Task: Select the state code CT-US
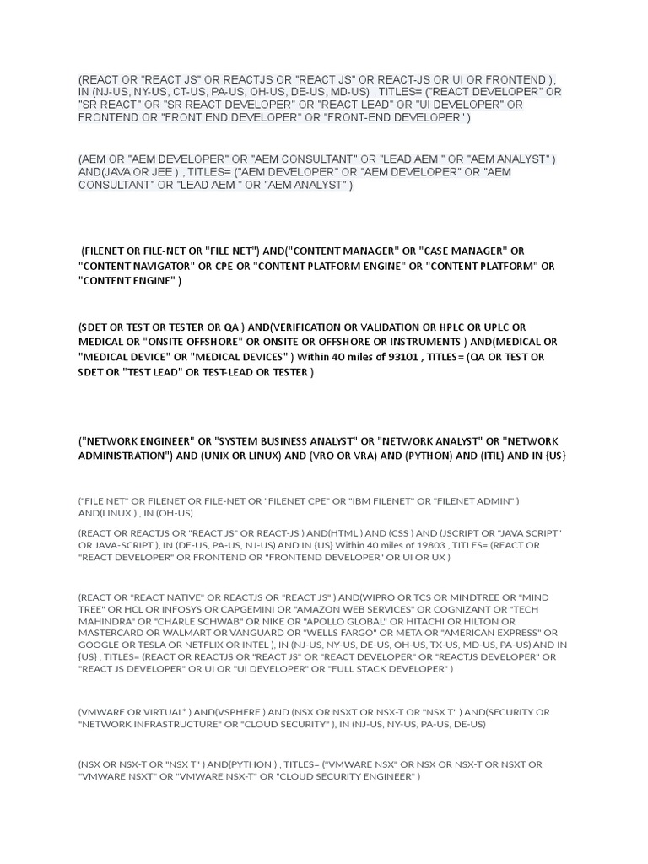tap(193, 92)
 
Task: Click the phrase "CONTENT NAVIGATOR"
tap(135, 267)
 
